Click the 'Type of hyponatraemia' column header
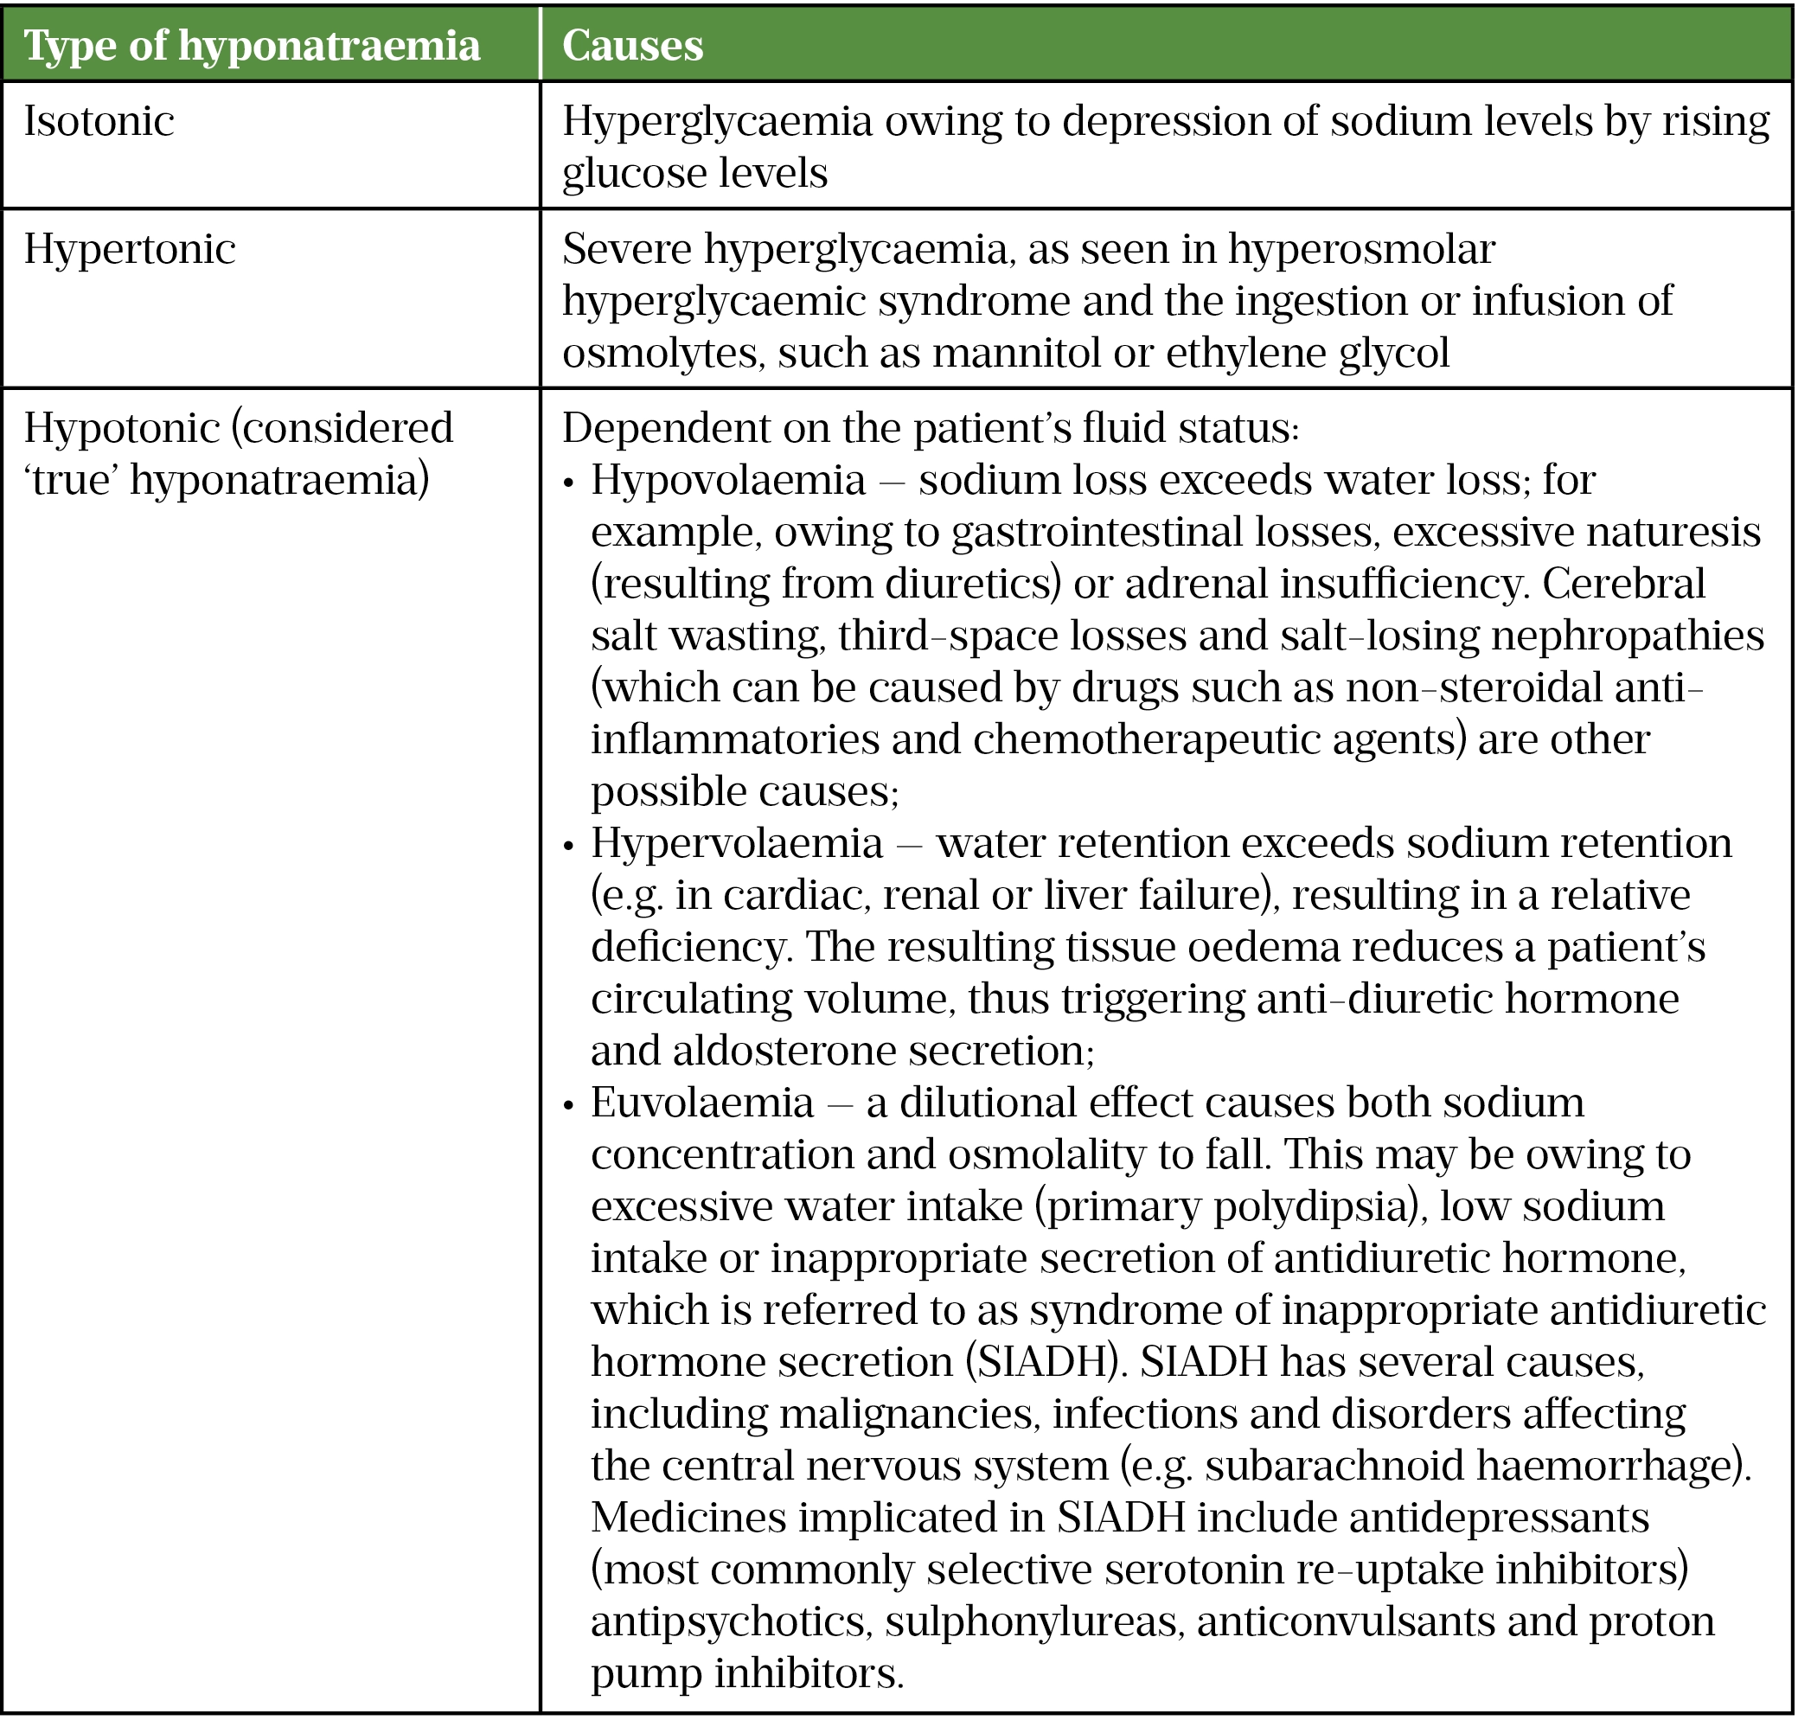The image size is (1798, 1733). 252,45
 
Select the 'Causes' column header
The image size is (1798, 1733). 632,45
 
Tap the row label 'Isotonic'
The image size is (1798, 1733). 99,121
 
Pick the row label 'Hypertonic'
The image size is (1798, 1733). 130,250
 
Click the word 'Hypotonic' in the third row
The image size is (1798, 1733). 120,428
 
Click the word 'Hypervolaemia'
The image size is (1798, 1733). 737,843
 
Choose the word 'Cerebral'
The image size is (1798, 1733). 1623,585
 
